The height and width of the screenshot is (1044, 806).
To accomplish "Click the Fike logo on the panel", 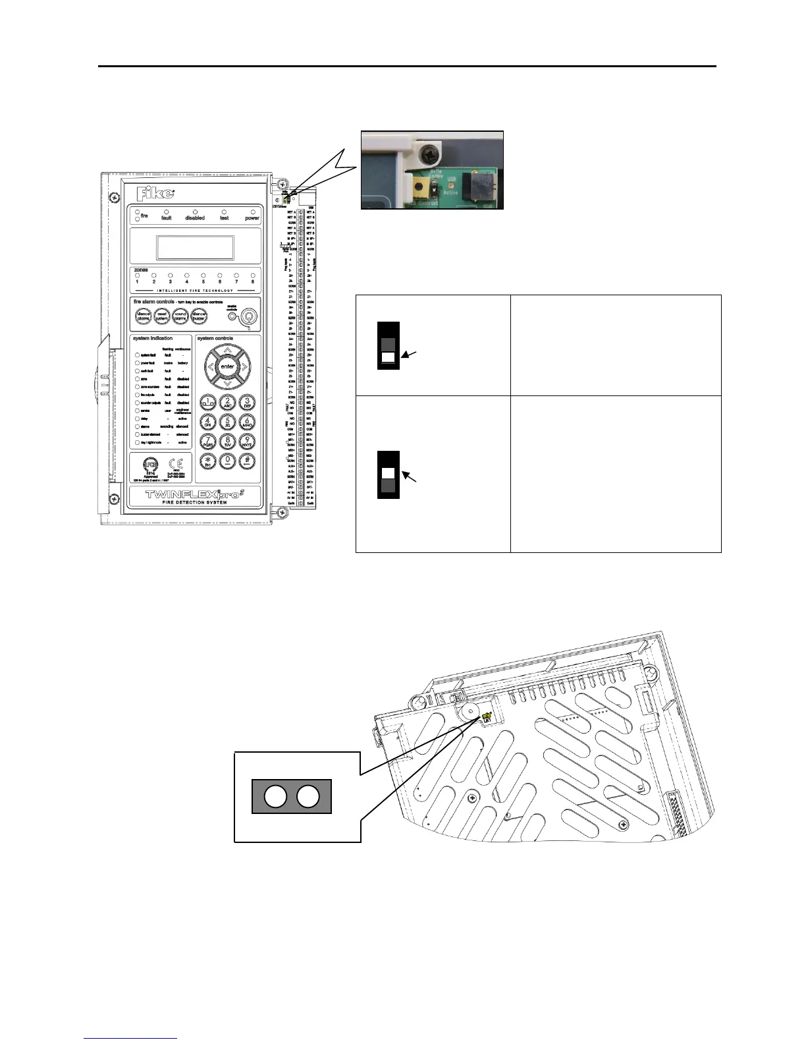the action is [x=155, y=194].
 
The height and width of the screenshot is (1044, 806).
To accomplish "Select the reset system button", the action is [x=162, y=316].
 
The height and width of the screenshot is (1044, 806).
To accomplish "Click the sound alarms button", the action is [x=180, y=316].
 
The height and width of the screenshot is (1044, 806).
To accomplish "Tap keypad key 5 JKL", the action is [x=227, y=422].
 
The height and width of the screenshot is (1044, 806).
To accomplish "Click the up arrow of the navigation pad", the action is [x=227, y=351].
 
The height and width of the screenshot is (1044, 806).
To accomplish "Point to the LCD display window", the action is [x=195, y=248].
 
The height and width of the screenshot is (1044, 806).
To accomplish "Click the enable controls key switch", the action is [x=248, y=317].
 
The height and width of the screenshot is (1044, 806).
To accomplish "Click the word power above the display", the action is [x=252, y=218].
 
